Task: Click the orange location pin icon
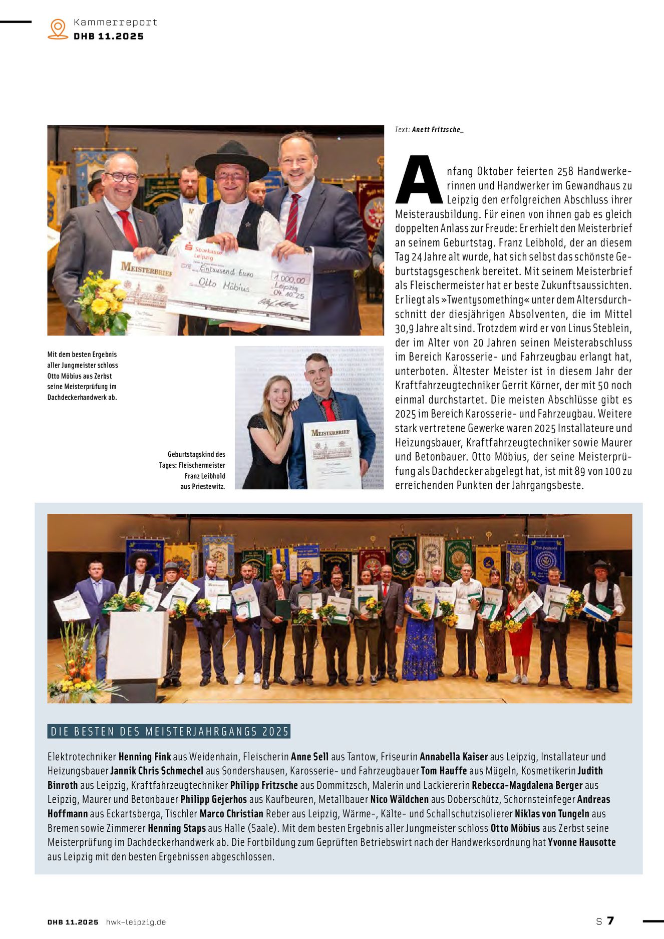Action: click(58, 29)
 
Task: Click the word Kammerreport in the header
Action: click(115, 22)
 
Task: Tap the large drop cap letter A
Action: click(419, 181)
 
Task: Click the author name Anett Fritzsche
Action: click(436, 130)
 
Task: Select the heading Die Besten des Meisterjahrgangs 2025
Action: click(170, 731)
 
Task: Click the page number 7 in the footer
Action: click(610, 920)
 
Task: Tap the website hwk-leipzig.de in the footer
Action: click(136, 922)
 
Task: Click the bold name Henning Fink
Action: click(144, 756)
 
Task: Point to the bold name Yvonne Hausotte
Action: click(581, 842)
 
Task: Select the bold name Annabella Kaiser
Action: click(453, 756)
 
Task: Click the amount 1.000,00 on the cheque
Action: click(289, 278)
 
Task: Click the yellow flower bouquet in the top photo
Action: click(102, 300)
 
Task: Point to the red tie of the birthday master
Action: click(328, 409)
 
